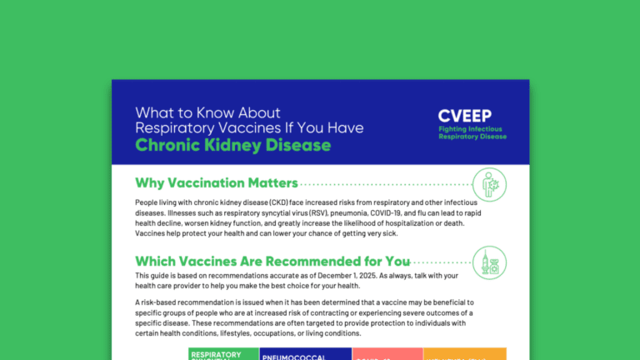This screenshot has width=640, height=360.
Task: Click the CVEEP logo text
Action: pos(465,117)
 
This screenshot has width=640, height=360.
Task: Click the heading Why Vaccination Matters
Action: pos(216,183)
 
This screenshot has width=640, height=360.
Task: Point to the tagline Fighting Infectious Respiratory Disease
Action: pos(472,132)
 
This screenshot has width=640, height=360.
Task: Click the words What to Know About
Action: pos(208,112)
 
